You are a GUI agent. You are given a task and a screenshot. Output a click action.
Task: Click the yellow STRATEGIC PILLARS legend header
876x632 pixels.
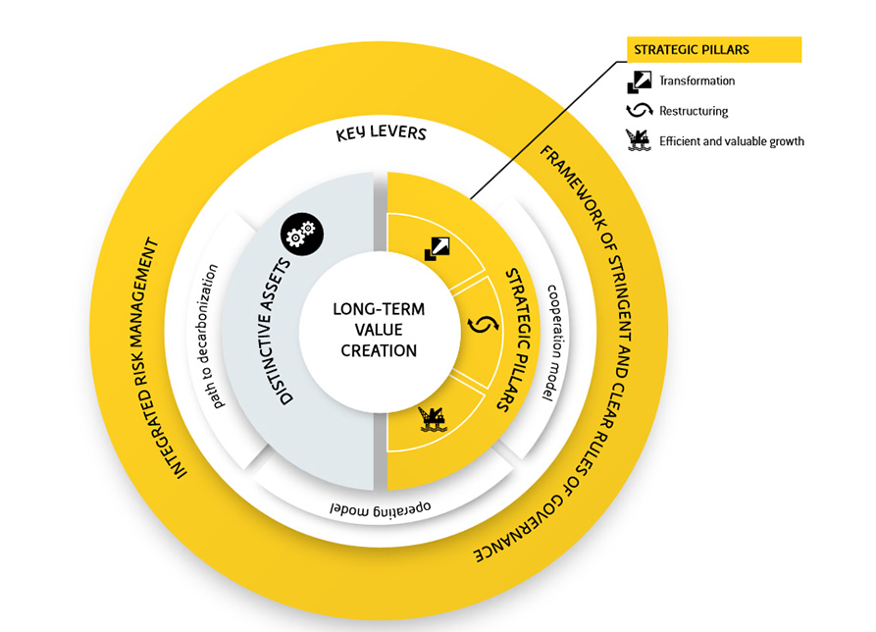pos(714,50)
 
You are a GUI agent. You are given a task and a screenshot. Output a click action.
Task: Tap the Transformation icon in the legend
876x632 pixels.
pos(639,81)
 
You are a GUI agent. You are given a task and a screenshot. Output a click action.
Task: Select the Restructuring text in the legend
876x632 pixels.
pos(694,111)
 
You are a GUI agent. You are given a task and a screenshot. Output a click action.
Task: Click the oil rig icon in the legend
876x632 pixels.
pos(639,140)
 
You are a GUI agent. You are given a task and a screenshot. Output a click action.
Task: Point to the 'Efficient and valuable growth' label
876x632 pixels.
pos(731,141)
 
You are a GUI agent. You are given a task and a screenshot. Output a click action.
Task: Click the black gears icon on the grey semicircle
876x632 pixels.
pos(300,233)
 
